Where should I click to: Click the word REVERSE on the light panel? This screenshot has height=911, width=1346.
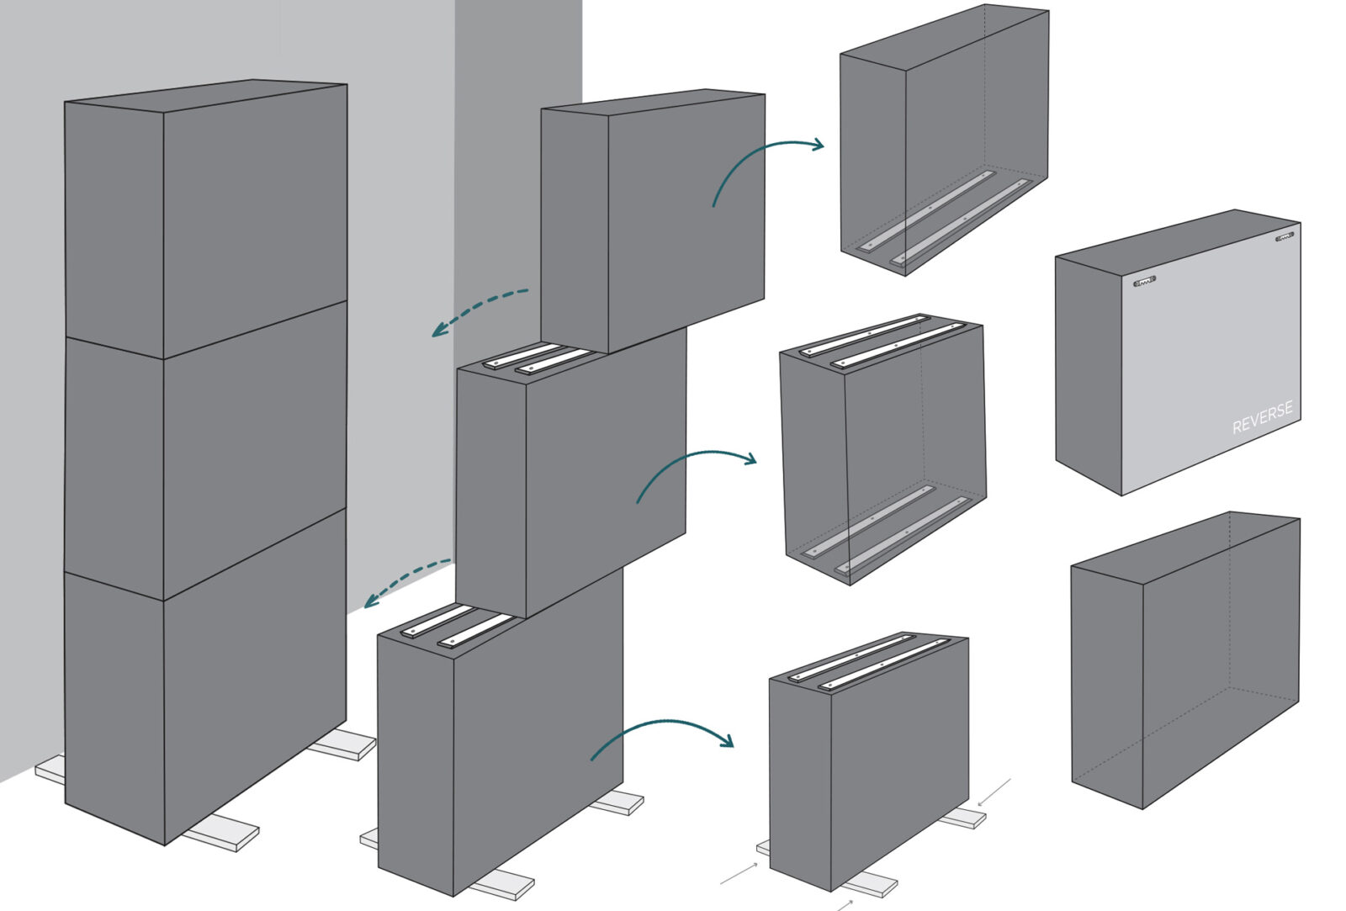pos(1262,417)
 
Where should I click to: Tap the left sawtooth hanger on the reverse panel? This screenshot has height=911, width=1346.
pos(1144,281)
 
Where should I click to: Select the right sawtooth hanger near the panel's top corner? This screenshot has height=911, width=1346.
pos(1284,236)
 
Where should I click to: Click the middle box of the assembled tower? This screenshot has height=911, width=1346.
pos(205,451)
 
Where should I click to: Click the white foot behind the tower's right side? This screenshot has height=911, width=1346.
pos(342,745)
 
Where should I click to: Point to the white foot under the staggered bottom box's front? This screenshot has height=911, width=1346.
pos(502,884)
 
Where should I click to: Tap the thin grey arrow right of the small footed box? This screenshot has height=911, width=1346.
pos(994,792)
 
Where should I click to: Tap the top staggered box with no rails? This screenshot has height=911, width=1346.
pos(653,221)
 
